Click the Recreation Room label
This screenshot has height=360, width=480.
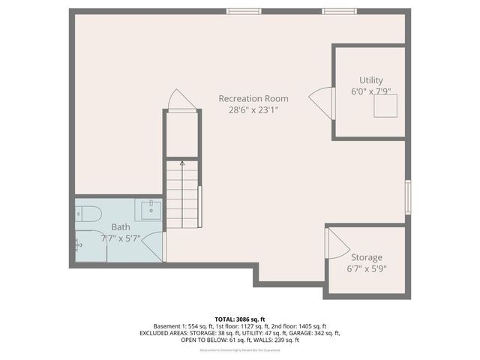click(253, 98)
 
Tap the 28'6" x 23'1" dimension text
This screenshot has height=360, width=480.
click(253, 109)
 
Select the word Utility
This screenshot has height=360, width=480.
click(370, 80)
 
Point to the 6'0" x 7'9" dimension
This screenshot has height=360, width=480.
click(370, 91)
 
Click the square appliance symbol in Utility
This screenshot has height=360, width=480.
click(386, 107)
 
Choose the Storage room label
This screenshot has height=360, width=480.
click(367, 257)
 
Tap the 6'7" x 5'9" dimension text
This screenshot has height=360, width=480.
click(367, 268)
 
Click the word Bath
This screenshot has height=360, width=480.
click(121, 227)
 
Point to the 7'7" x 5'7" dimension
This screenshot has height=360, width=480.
click(121, 238)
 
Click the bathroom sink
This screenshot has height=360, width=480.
click(149, 207)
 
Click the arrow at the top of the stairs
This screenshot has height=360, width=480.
click(181, 162)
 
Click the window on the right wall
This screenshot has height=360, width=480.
click(408, 196)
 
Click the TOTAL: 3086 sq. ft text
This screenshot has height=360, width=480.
click(240, 319)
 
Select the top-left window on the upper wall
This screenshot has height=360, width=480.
click(239, 10)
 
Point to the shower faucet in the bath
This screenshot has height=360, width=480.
click(78, 243)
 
